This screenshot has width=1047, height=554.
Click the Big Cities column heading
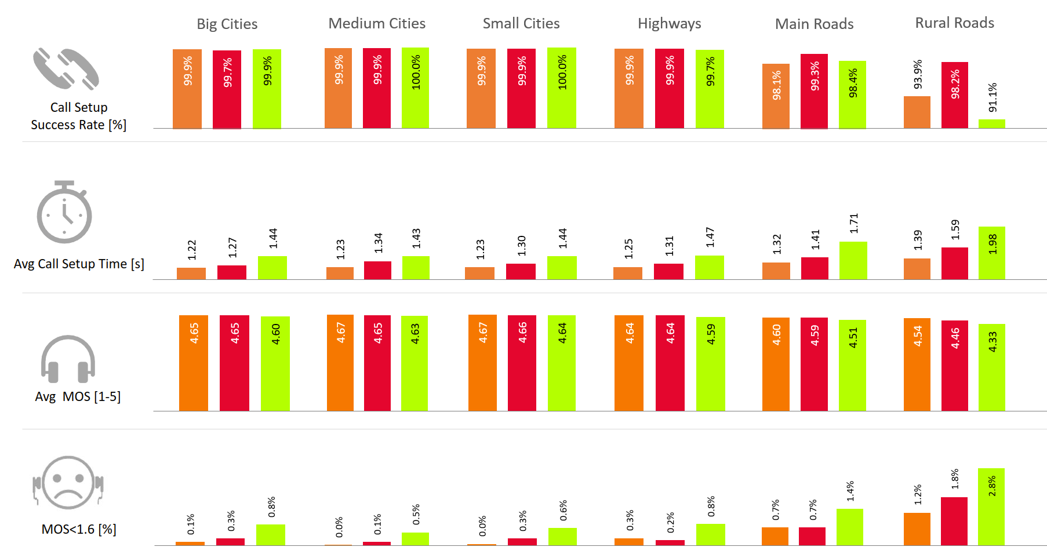tap(227, 24)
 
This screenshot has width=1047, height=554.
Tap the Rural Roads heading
tap(954, 23)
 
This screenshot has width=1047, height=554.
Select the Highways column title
tap(669, 23)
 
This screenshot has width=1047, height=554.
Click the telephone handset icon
tap(66, 69)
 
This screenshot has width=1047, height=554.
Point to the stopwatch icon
tap(64, 212)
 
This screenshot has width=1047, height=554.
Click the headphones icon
tap(68, 359)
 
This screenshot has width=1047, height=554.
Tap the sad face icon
tap(68, 483)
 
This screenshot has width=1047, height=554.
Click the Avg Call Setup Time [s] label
tap(79, 264)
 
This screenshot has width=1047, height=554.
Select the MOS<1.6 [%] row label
tap(79, 529)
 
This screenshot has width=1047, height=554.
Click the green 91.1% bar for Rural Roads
tap(991, 123)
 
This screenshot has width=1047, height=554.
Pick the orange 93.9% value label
tap(917, 74)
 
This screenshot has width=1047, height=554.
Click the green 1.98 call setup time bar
tap(991, 253)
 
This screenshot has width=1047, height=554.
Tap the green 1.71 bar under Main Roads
tap(853, 261)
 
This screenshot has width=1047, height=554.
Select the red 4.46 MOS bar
tap(954, 365)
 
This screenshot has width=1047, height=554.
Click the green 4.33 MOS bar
tap(991, 367)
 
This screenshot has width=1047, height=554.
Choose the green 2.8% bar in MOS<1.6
tap(991, 506)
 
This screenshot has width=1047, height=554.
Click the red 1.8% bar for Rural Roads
tap(954, 521)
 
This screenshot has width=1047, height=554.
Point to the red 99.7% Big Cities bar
tap(227, 89)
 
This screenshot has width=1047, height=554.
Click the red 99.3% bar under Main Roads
tap(814, 91)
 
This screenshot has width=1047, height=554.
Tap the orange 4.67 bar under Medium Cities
tap(340, 363)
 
